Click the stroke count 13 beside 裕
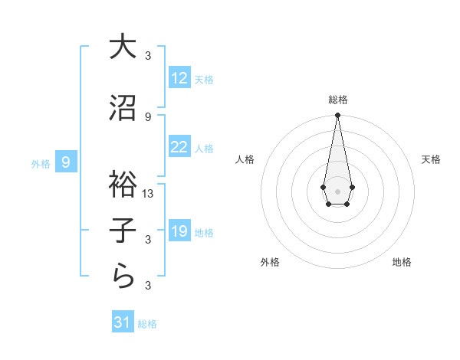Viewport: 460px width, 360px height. pos(148,193)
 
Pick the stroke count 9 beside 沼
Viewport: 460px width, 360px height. pos(148,116)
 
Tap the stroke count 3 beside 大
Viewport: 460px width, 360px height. pos(148,55)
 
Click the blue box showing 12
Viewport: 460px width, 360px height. pos(179,78)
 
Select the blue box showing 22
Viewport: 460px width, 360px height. pos(179,147)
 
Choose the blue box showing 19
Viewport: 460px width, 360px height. pos(179,231)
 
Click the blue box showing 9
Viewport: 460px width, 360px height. pos(67,162)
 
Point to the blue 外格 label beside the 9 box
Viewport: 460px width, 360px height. pos(40,163)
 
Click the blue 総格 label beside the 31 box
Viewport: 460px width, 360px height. pos(147,324)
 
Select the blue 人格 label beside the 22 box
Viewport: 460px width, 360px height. pos(204,149)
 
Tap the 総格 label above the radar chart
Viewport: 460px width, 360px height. pos(337,100)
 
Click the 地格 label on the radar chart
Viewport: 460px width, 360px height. pos(402,263)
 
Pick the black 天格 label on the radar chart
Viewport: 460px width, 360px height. pos(432,159)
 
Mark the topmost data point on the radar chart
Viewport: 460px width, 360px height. pos(337,116)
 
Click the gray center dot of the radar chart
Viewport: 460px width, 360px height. pos(337,190)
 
